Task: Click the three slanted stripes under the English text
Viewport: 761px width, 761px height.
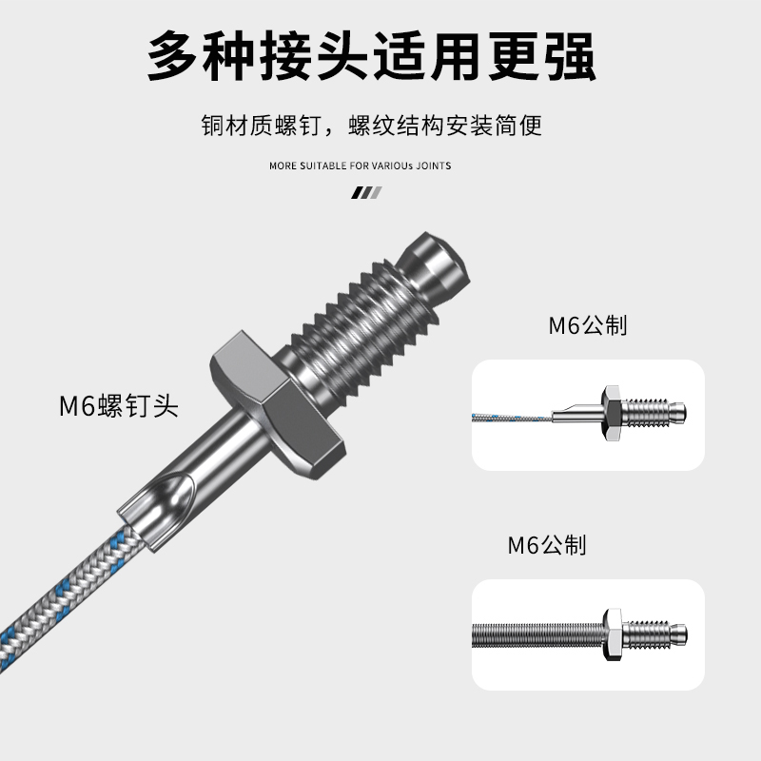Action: click(x=366, y=192)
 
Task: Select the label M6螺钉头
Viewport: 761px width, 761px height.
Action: click(x=119, y=407)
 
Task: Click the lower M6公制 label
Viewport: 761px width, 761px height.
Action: click(x=547, y=545)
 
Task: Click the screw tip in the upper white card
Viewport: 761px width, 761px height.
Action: click(x=676, y=411)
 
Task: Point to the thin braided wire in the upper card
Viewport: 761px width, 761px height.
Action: click(x=514, y=416)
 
